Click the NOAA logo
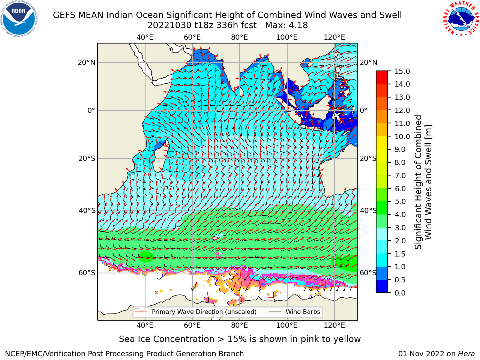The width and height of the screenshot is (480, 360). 19,19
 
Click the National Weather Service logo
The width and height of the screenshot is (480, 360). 460,19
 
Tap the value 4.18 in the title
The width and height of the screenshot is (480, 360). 297,25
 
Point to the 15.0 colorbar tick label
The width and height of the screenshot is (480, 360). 402,71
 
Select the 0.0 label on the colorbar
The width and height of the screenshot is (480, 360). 400,293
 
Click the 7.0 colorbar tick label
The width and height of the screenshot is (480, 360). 400,175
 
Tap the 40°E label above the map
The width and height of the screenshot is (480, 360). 145,37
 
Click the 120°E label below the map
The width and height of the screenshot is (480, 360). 334,325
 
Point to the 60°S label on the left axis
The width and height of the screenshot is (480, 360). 87,273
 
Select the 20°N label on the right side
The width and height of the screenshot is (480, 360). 369,63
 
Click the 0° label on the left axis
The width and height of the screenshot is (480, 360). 91,110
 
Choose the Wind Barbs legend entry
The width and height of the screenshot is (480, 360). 294,312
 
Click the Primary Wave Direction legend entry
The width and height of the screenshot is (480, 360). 196,312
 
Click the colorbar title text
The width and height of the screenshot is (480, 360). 423,182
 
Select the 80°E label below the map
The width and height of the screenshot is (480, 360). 240,325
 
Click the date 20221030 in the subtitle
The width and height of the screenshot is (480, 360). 169,25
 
